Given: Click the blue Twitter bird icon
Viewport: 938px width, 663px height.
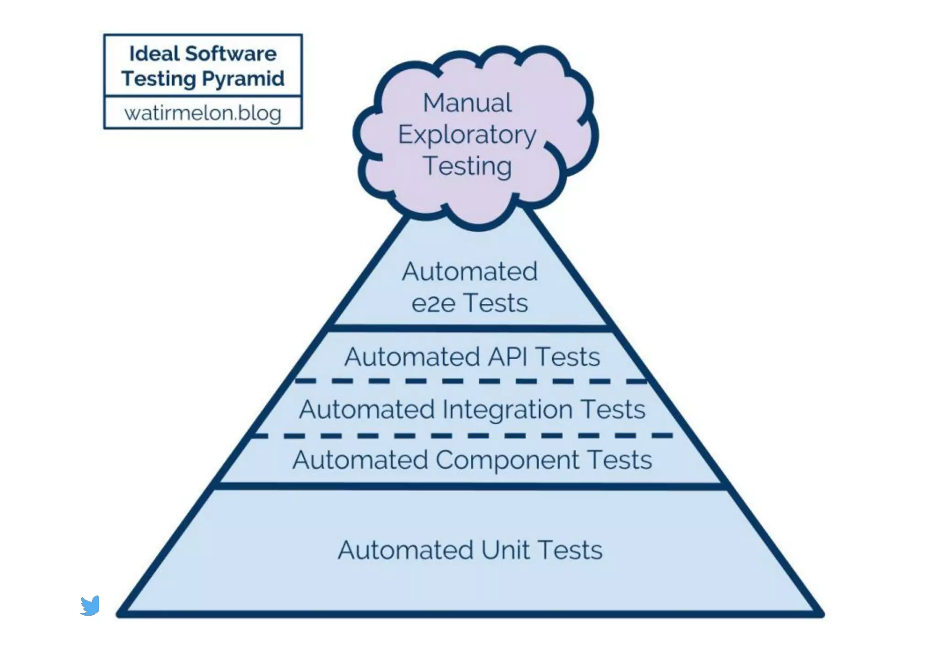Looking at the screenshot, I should [90, 606].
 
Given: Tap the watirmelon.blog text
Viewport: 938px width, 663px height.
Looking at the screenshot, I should [202, 113].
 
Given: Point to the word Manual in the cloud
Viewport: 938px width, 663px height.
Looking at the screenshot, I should [467, 103].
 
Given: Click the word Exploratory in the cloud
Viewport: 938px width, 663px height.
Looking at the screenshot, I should [467, 135].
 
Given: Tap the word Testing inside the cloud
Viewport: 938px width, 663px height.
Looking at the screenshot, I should [467, 166].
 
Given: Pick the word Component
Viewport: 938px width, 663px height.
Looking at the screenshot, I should [507, 460].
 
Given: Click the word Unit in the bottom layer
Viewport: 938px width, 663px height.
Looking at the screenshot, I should [506, 550].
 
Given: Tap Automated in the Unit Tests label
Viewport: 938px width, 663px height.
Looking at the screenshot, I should [405, 550].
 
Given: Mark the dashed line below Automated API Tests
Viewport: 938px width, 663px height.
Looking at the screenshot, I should [471, 381].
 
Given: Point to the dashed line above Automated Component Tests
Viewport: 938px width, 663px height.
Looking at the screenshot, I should [463, 436].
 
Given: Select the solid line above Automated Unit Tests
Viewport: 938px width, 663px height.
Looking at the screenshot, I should [471, 486].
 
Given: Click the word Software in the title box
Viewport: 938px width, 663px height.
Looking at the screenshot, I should [231, 54].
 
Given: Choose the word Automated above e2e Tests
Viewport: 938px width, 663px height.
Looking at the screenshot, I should [469, 271].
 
